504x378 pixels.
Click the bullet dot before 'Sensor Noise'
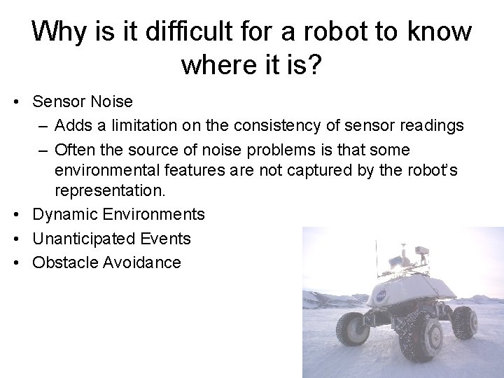(15, 102)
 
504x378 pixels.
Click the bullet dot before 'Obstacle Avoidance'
(15, 263)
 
